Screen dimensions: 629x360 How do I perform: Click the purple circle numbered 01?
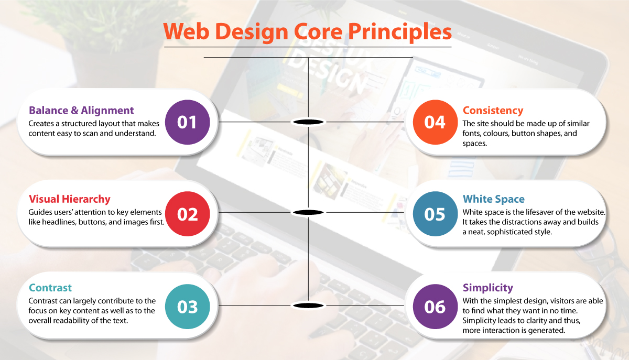click(187, 122)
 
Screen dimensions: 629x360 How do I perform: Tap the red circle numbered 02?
click(187, 214)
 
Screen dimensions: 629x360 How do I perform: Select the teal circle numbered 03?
click(187, 307)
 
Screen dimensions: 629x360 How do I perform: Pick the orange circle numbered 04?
click(435, 122)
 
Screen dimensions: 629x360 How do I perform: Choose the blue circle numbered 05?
click(435, 214)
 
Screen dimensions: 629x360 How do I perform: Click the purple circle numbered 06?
click(435, 307)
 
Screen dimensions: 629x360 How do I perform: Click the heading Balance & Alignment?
click(81, 111)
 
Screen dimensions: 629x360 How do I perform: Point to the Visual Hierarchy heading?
click(69, 199)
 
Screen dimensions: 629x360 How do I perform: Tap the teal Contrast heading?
click(50, 288)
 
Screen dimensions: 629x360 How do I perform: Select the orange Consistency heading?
click(493, 111)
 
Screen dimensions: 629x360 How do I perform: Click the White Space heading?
click(494, 199)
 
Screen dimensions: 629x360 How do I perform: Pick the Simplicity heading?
click(488, 288)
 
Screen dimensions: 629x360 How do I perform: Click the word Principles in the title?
click(400, 32)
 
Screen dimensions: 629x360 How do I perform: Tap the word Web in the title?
click(187, 31)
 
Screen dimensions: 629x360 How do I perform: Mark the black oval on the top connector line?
click(308, 122)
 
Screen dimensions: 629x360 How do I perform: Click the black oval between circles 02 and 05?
click(308, 212)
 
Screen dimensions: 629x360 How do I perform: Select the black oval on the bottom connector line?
click(308, 306)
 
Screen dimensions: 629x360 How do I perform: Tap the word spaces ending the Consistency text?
click(475, 144)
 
